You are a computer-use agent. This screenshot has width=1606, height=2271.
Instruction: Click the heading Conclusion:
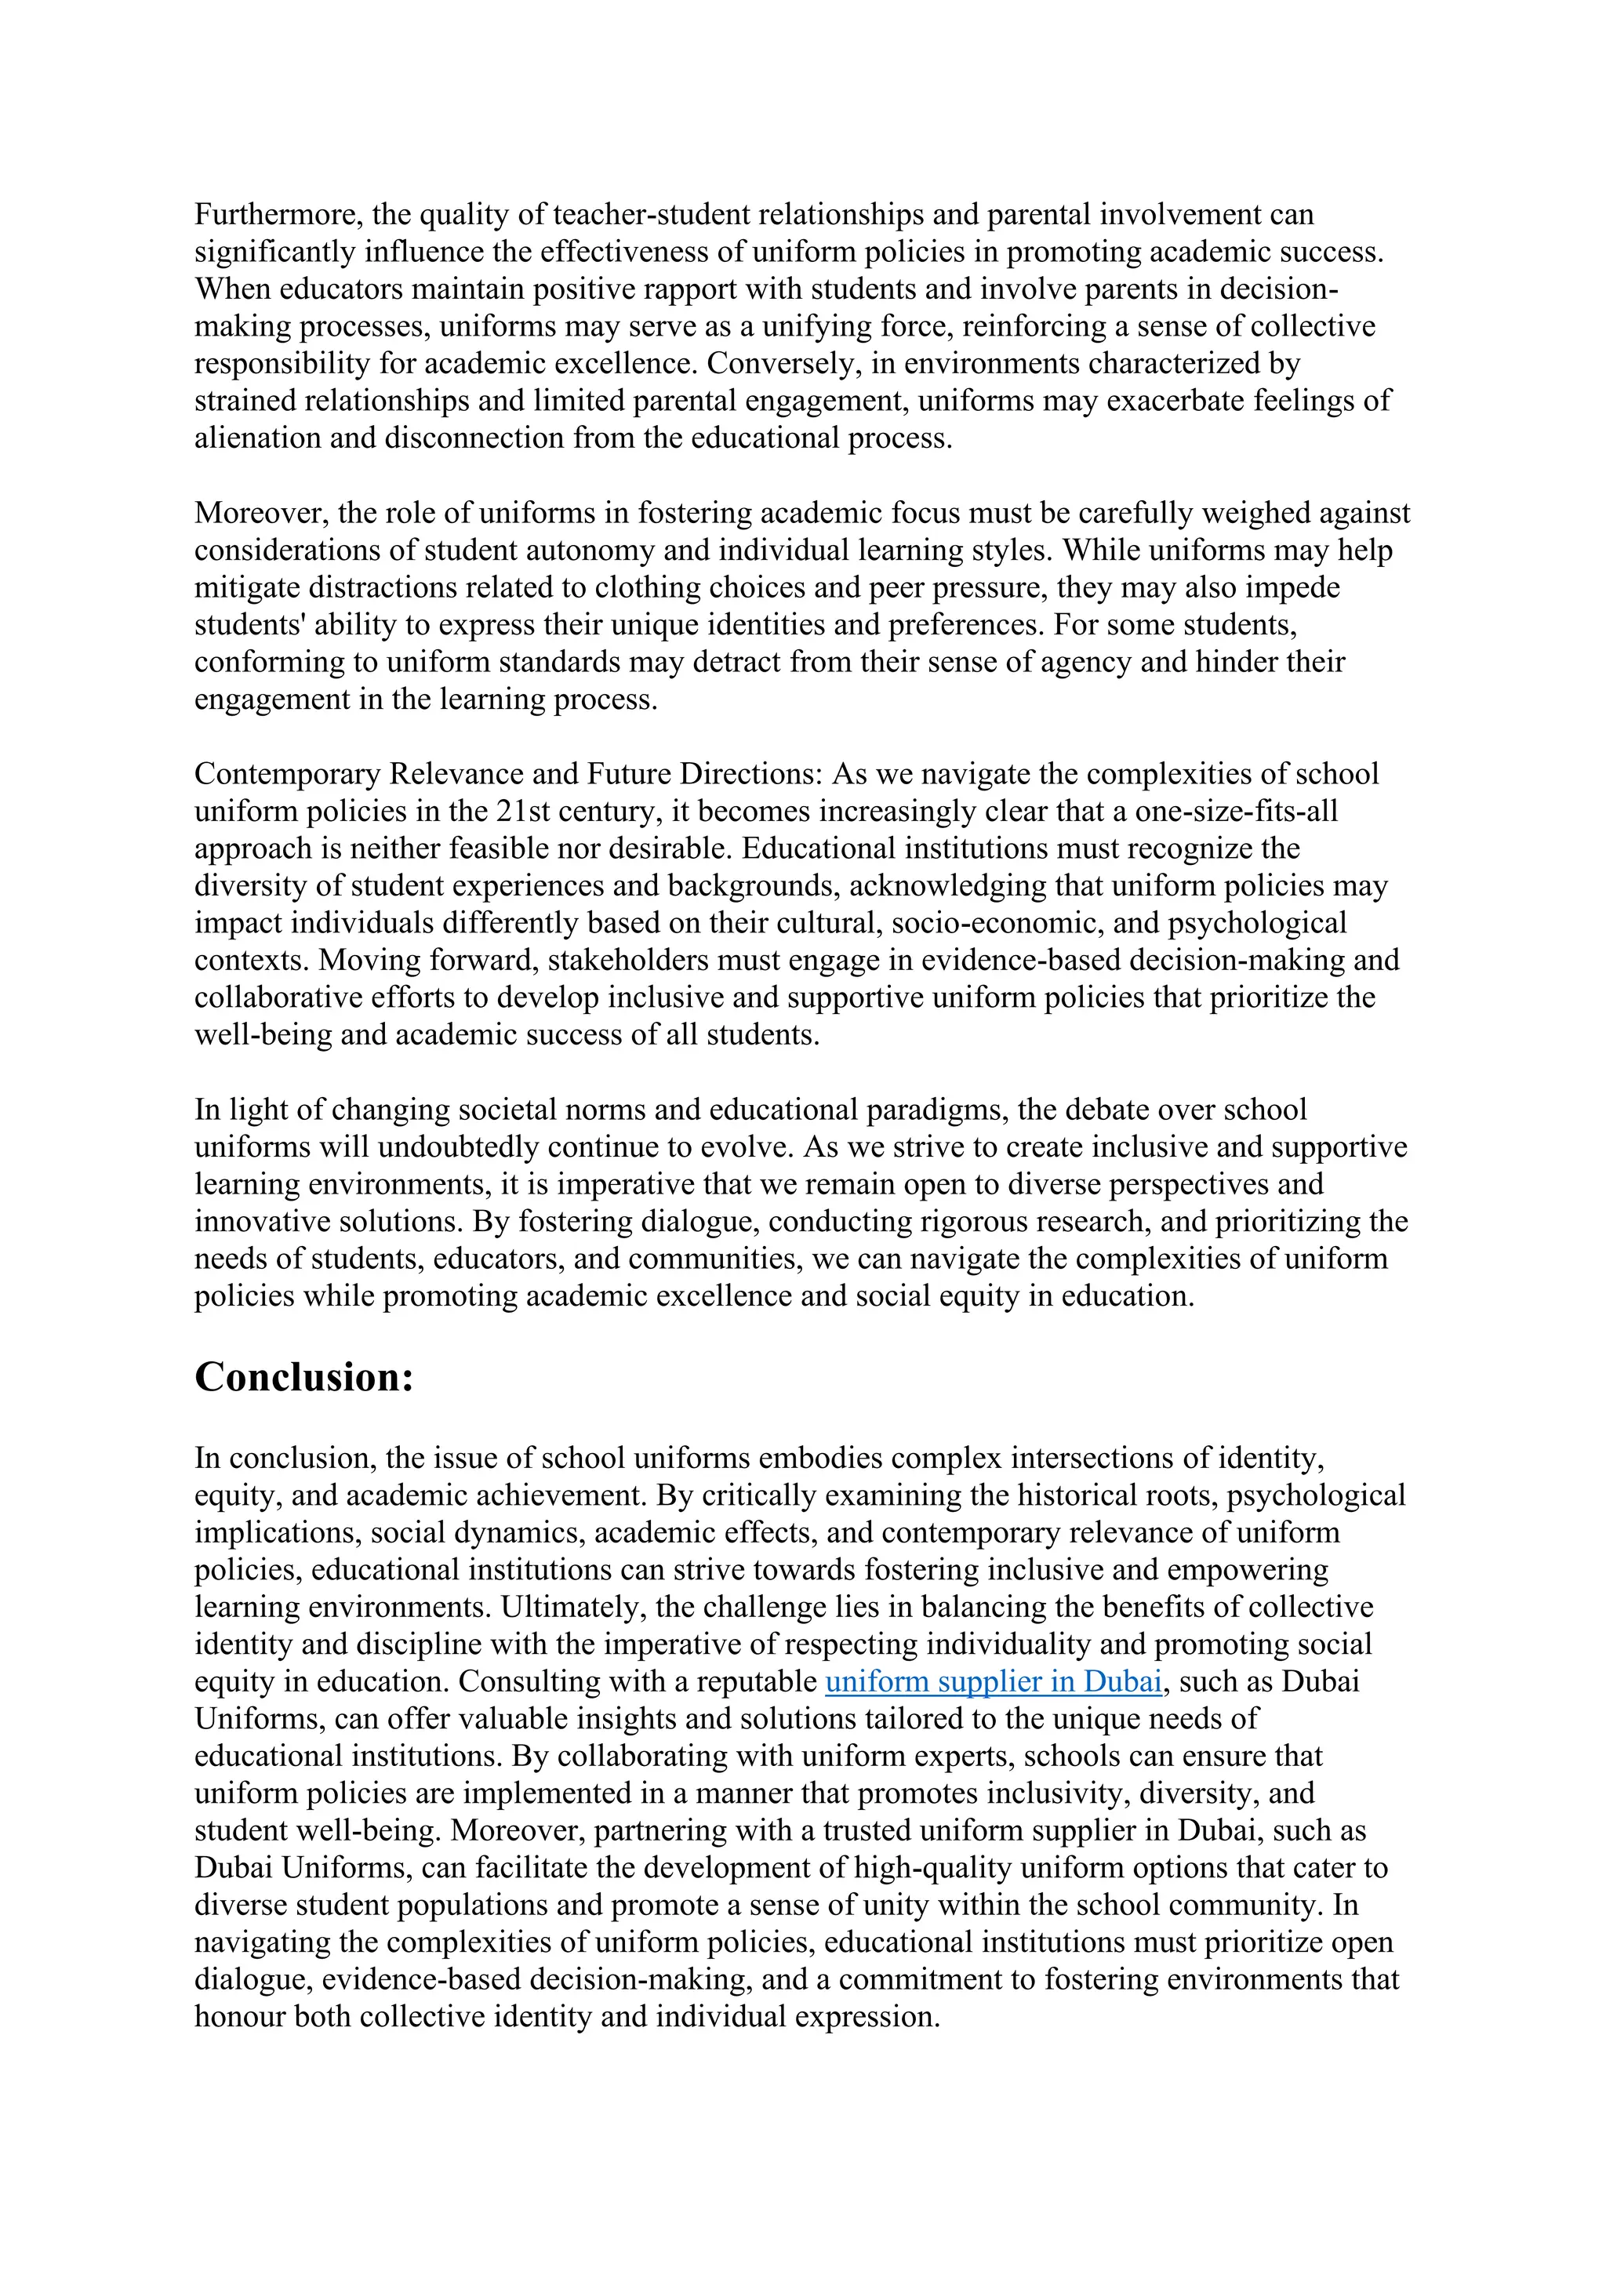coord(303,1377)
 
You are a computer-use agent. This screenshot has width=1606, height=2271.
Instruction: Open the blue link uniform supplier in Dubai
coord(993,1681)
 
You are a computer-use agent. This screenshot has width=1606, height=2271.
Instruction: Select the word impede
coord(1292,587)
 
